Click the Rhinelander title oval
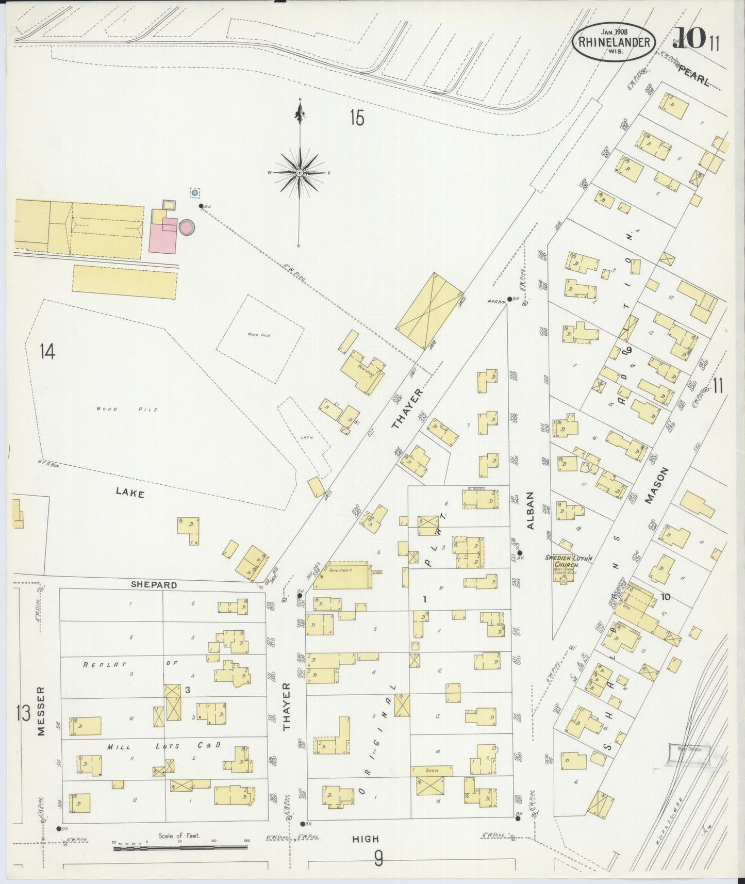pyautogui.click(x=614, y=43)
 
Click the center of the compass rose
pyautogui.click(x=300, y=172)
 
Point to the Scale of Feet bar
pyautogui.click(x=180, y=846)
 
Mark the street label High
pyautogui.click(x=365, y=839)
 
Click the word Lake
pyautogui.click(x=130, y=493)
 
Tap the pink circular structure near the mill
pyautogui.click(x=186, y=226)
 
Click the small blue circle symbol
pyautogui.click(x=194, y=192)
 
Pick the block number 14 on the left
pyautogui.click(x=46, y=352)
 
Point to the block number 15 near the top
pyautogui.click(x=356, y=118)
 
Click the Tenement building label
pyautogui.click(x=338, y=570)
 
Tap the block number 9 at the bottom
pyautogui.click(x=378, y=858)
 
